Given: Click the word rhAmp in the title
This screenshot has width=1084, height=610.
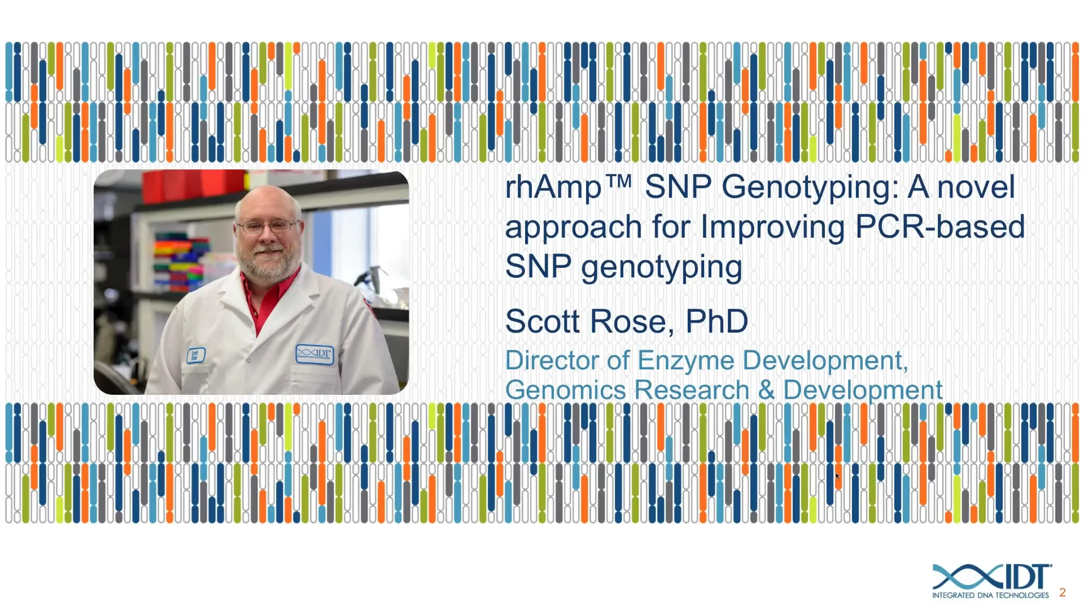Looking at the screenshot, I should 553,188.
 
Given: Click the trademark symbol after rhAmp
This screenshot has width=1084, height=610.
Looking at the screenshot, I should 619,181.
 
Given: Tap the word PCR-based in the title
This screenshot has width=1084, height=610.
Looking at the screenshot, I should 939,227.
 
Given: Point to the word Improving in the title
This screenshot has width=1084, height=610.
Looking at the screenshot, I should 772,227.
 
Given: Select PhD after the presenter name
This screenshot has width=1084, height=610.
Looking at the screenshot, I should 716,321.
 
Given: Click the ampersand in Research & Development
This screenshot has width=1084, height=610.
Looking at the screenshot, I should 766,390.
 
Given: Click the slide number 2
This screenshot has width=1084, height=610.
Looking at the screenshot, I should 1063,592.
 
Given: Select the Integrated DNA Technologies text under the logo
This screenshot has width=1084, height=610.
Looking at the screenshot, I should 990,595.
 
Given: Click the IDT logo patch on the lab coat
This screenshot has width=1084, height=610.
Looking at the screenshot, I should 314,354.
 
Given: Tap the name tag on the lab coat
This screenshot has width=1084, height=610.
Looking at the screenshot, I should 195,355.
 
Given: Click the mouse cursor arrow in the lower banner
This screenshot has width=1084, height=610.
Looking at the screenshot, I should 837,476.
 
